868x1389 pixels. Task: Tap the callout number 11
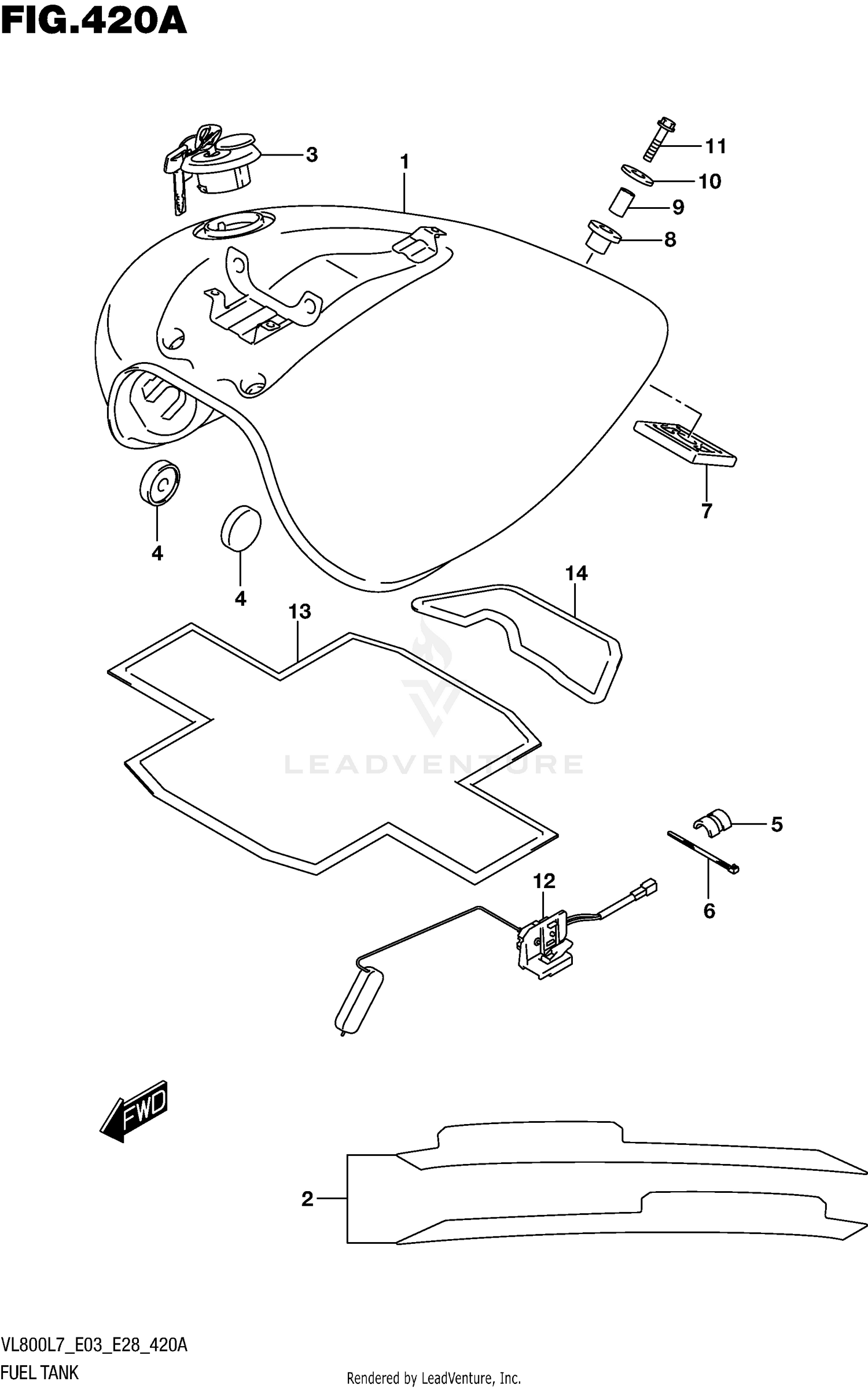[x=715, y=146]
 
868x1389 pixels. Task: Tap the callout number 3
[x=311, y=154]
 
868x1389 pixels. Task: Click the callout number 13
[x=300, y=611]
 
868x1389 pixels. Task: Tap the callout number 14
[x=576, y=573]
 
